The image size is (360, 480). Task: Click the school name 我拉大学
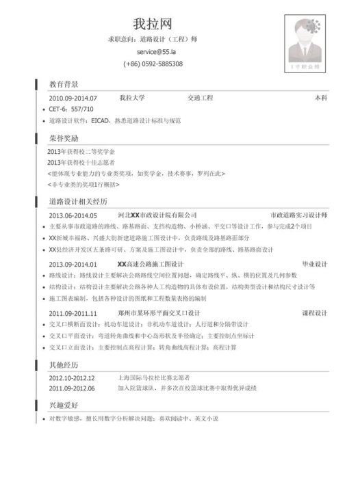131,98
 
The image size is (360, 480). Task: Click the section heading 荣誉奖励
63,137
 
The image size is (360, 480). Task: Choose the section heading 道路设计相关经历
78,202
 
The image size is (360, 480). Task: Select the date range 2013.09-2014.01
73,263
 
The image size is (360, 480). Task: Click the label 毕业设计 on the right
314,263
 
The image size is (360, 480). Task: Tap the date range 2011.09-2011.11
73,312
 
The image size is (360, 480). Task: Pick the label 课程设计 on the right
314,312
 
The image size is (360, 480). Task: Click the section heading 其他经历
63,364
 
